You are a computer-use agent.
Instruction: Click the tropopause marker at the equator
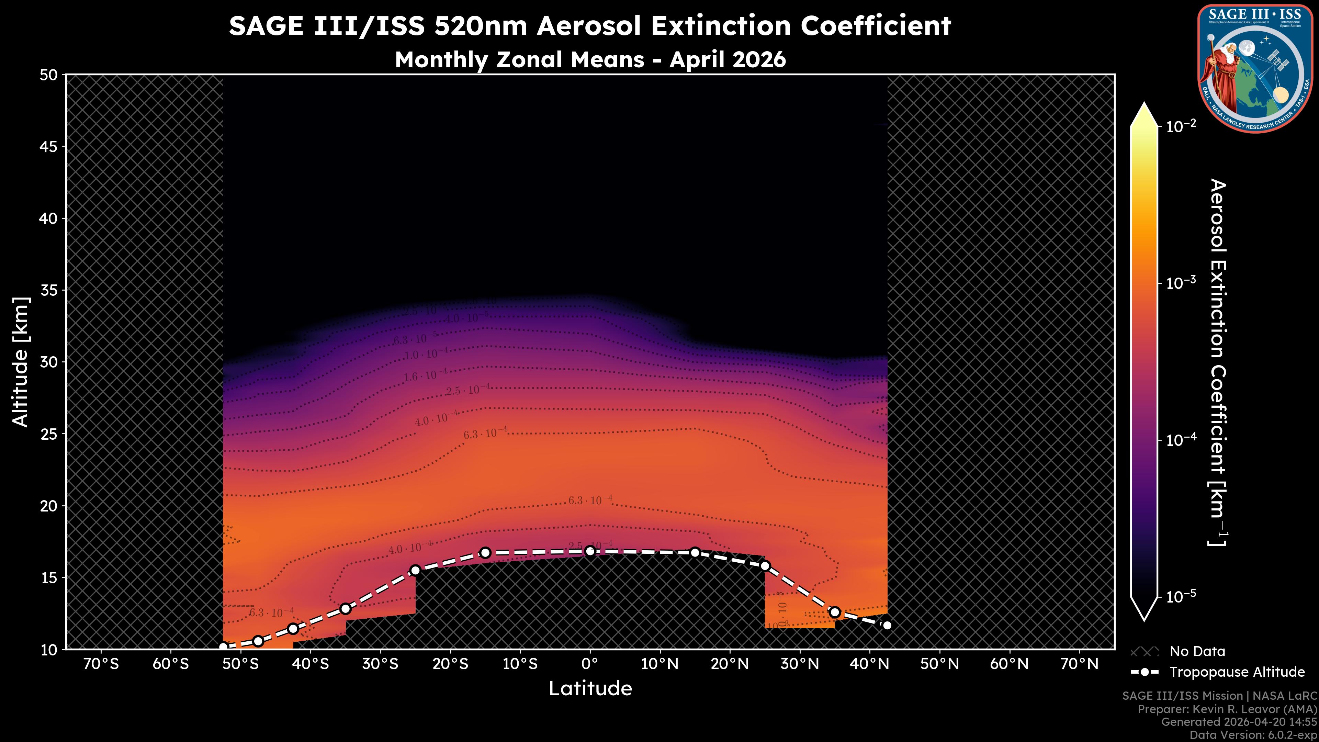click(590, 551)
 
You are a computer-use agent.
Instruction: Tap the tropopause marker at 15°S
click(485, 552)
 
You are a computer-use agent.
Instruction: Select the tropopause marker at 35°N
click(835, 612)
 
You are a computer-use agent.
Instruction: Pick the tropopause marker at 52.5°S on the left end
click(223, 647)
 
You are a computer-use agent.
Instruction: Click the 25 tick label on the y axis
click(49, 434)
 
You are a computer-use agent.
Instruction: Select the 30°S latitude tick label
click(380, 664)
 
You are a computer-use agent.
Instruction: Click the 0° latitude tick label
click(590, 664)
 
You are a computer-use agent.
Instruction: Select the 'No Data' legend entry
click(1197, 651)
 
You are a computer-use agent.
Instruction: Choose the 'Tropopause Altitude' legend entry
click(1237, 672)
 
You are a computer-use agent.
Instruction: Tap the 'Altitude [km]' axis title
click(21, 361)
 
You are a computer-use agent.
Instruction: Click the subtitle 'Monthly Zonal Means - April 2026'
click(590, 59)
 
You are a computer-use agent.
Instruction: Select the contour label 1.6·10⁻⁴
click(425, 375)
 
